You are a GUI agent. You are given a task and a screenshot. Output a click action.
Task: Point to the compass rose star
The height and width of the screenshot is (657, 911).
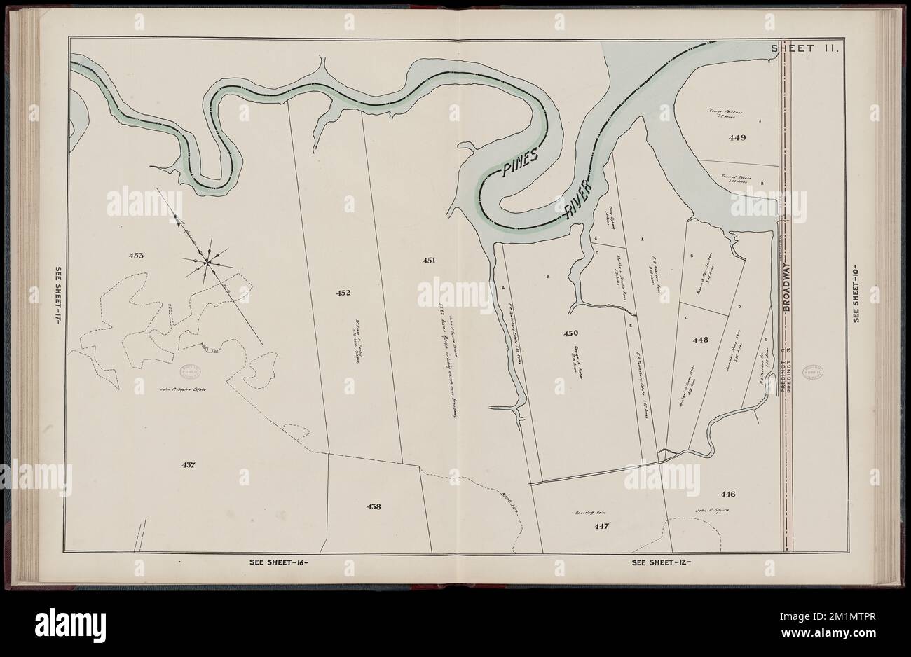[x=207, y=263]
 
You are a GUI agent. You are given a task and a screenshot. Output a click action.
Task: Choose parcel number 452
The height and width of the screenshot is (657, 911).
[x=343, y=293]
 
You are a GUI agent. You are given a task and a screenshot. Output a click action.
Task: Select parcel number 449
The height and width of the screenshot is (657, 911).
[x=737, y=137]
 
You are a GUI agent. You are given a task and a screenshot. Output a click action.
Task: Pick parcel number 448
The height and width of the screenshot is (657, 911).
[x=701, y=340]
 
